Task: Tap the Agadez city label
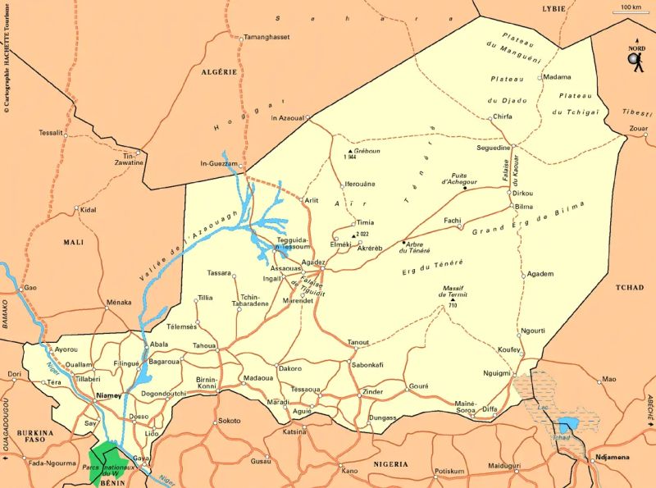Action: click(x=314, y=262)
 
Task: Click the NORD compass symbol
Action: click(x=635, y=57)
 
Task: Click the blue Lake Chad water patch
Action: click(x=567, y=425)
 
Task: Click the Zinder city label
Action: click(x=372, y=392)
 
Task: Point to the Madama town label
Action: click(x=557, y=77)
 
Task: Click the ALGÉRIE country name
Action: click(x=219, y=72)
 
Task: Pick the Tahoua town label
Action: click(x=204, y=346)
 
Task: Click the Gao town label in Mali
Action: click(x=30, y=288)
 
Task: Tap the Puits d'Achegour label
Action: click(x=464, y=177)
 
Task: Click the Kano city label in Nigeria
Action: click(x=349, y=471)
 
